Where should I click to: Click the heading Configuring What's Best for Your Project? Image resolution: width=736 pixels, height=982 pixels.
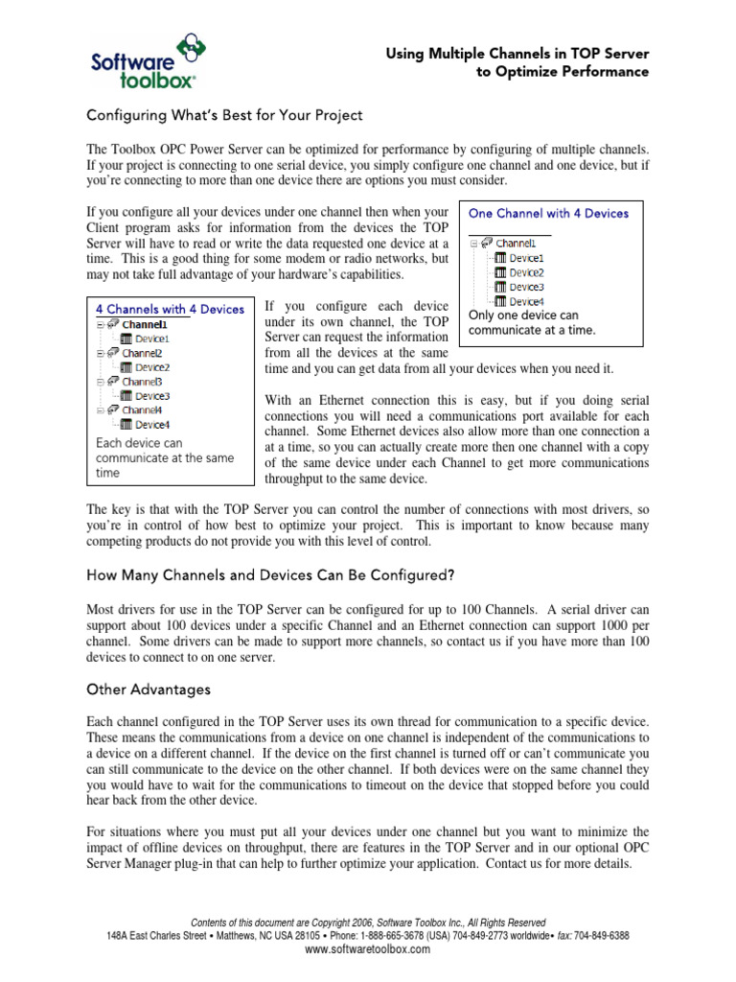tap(224, 115)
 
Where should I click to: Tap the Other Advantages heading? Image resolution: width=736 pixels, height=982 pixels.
tap(149, 689)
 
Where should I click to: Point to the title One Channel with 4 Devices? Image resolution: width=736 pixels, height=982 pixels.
tap(548, 213)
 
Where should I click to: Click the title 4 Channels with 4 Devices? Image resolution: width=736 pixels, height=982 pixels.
tap(170, 309)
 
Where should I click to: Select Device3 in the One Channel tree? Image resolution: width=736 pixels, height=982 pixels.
tap(526, 287)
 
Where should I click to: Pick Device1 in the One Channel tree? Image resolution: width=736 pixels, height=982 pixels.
tap(526, 258)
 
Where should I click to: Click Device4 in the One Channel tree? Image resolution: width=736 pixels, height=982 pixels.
tap(526, 301)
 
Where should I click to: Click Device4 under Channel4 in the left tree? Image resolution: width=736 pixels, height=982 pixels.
tap(151, 424)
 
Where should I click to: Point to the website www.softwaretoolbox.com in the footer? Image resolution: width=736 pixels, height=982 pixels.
tap(367, 949)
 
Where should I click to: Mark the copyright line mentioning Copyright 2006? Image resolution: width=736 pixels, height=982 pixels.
tap(369, 923)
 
